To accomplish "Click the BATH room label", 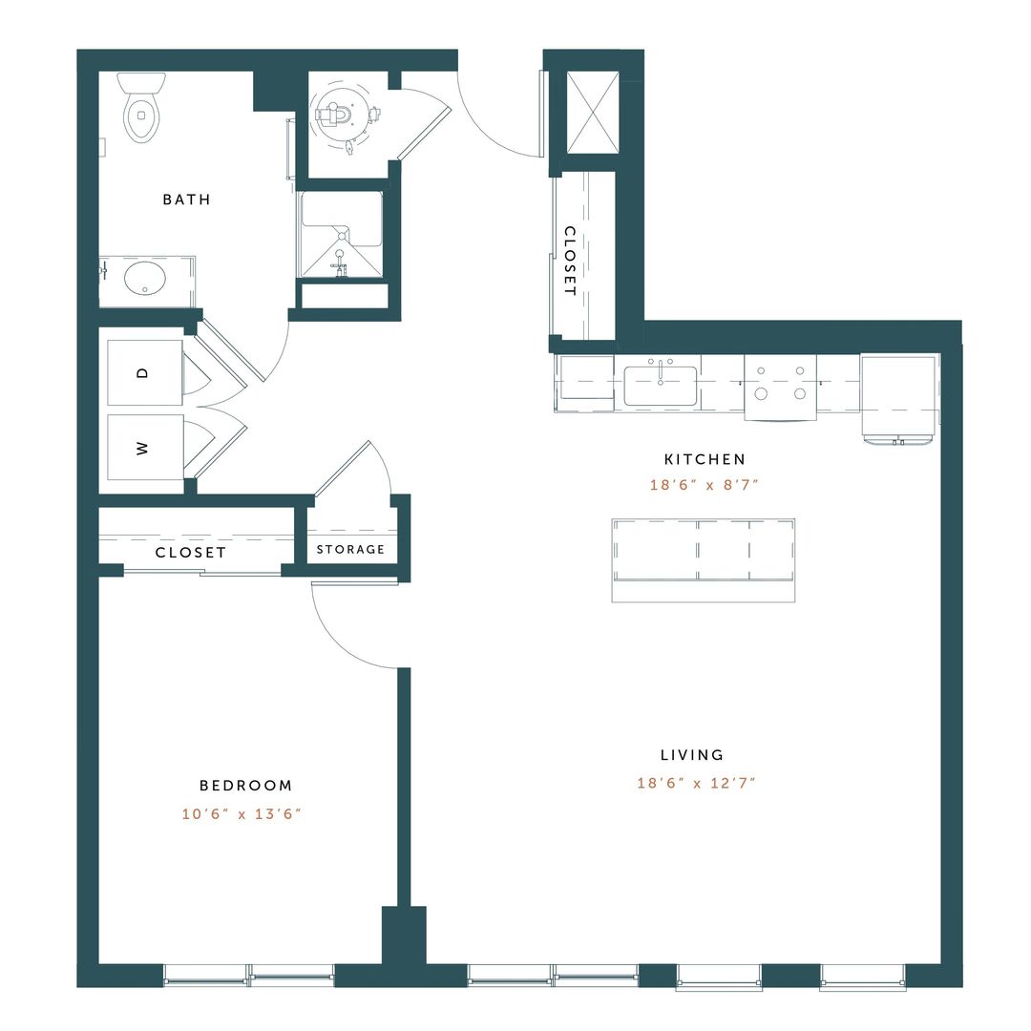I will [186, 200].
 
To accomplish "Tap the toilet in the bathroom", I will [141, 108].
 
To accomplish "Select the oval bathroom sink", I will [144, 280].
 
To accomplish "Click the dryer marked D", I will [144, 372].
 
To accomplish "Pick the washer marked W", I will [144, 448].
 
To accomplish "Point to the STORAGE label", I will [350, 549].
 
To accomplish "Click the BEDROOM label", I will [245, 786].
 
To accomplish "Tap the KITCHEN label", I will [705, 459].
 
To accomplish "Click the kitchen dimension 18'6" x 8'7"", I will [704, 485].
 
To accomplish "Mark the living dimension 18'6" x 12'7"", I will [697, 784].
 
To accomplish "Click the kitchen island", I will [703, 559].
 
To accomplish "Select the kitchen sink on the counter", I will [661, 386].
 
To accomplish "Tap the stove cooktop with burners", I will [780, 387].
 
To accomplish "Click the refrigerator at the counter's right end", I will [899, 395].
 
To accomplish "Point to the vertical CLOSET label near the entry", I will [569, 261].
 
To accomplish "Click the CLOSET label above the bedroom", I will [191, 553].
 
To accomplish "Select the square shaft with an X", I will [593, 113].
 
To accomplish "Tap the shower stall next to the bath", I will [343, 235].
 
